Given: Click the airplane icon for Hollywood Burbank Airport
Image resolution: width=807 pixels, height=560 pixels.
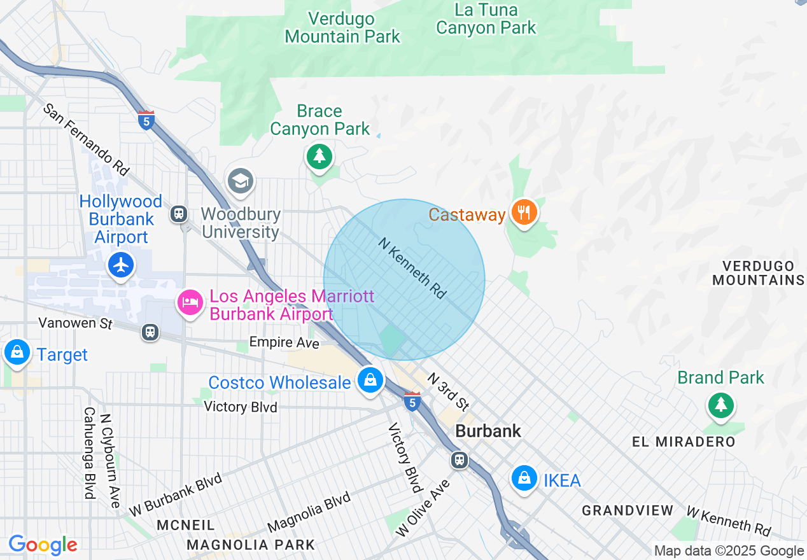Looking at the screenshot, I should click(x=121, y=264).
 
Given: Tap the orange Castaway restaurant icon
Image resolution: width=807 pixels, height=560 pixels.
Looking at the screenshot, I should click(x=523, y=213).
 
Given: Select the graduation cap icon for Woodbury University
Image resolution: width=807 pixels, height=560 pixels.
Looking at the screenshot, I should click(x=241, y=181).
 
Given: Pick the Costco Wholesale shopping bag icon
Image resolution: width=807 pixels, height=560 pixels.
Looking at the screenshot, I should click(x=370, y=381).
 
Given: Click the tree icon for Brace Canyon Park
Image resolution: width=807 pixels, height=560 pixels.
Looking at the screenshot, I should click(x=319, y=155).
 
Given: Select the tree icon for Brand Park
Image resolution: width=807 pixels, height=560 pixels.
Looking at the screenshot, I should click(x=720, y=404).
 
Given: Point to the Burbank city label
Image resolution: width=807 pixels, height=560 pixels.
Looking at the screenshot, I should click(x=488, y=431).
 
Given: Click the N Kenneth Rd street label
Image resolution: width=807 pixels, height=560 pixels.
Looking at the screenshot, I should click(x=412, y=268).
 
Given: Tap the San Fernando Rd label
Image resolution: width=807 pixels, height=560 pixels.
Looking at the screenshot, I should click(x=87, y=139).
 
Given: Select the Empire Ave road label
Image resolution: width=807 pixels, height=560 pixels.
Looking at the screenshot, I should click(x=284, y=342).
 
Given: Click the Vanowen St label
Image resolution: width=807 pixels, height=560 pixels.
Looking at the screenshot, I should click(x=75, y=323).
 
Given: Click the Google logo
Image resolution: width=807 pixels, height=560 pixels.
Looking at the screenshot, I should click(x=43, y=545).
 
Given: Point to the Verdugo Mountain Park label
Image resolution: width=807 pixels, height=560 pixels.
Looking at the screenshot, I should click(x=342, y=27).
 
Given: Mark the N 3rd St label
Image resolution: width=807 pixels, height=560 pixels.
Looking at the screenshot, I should click(x=449, y=391).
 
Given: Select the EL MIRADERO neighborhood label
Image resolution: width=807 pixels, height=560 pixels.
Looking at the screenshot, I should click(x=684, y=442).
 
